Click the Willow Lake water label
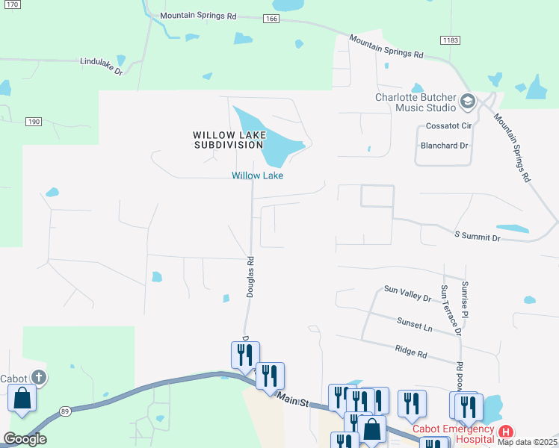coord(258,175)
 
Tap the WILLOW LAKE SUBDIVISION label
coord(227,140)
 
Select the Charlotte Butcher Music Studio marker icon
coord(468,101)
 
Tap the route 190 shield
coord(33,121)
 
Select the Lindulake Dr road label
coord(101,65)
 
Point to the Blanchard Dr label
coord(445,146)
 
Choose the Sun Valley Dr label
coord(407,293)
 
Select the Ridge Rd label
coord(411,349)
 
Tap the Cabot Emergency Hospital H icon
coord(507,432)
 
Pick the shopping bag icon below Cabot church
coord(22,400)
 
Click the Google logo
coord(25,439)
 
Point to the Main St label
coord(293,402)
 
